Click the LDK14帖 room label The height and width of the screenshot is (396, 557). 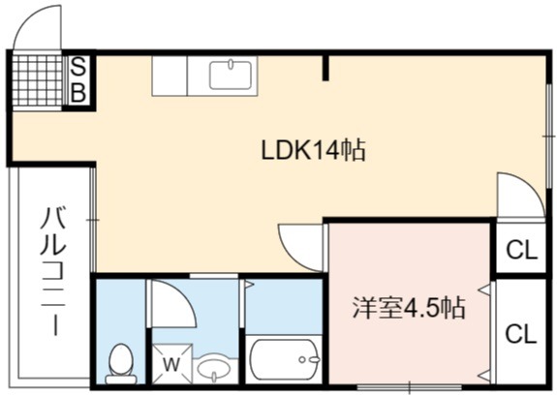313,151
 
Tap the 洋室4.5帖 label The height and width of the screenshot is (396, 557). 409,308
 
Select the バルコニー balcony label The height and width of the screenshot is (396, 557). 52,272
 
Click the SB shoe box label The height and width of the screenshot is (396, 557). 78,80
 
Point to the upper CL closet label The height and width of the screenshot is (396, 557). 521,250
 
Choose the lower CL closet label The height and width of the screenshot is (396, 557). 521,334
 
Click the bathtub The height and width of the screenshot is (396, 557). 284,359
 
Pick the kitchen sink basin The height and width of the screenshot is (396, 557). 231,75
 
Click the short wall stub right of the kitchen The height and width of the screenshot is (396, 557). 325,68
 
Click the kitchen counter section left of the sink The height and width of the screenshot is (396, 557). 170,76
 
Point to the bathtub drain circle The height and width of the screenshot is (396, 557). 301,360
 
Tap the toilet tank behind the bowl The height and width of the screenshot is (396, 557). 121,380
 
